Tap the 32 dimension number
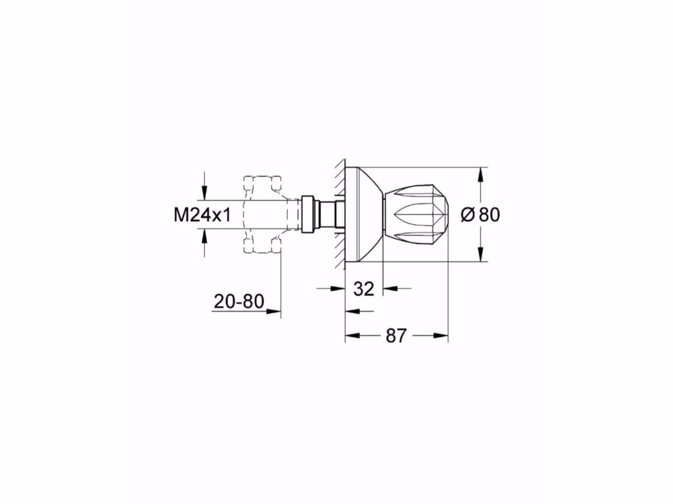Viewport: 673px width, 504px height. coord(364,288)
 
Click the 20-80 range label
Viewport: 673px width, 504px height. coord(239,301)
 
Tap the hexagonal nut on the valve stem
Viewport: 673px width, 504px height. coord(307,214)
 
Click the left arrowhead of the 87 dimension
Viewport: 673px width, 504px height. coord(351,336)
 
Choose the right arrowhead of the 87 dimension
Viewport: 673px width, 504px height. coord(442,336)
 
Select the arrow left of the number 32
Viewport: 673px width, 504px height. coord(338,288)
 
